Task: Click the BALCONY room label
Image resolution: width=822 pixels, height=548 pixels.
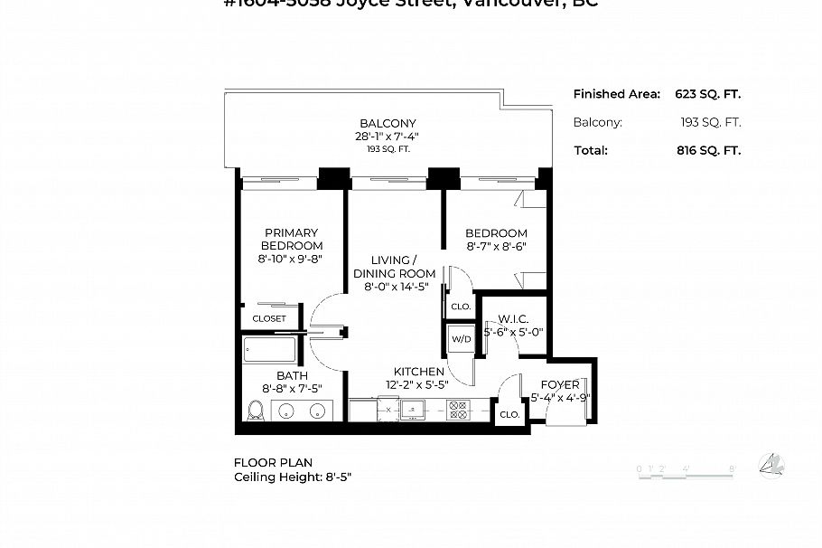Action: [388, 124]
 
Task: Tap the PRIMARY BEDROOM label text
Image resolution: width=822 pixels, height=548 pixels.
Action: [292, 239]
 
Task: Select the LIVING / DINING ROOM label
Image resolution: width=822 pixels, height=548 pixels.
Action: [394, 267]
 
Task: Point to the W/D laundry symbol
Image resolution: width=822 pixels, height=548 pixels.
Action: [461, 339]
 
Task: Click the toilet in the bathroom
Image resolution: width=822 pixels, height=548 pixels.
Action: [255, 411]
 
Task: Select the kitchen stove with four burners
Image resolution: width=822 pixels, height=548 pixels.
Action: [458, 411]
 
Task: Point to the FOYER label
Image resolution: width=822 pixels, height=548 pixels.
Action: [560, 385]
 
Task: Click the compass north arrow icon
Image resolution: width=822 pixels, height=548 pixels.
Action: [771, 466]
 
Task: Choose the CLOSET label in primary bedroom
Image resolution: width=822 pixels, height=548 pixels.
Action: [269, 318]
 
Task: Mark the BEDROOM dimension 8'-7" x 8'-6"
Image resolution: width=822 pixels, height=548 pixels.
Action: [497, 246]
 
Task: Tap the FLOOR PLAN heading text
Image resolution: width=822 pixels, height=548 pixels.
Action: [273, 462]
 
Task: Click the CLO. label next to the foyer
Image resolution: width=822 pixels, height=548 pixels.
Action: [509, 414]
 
